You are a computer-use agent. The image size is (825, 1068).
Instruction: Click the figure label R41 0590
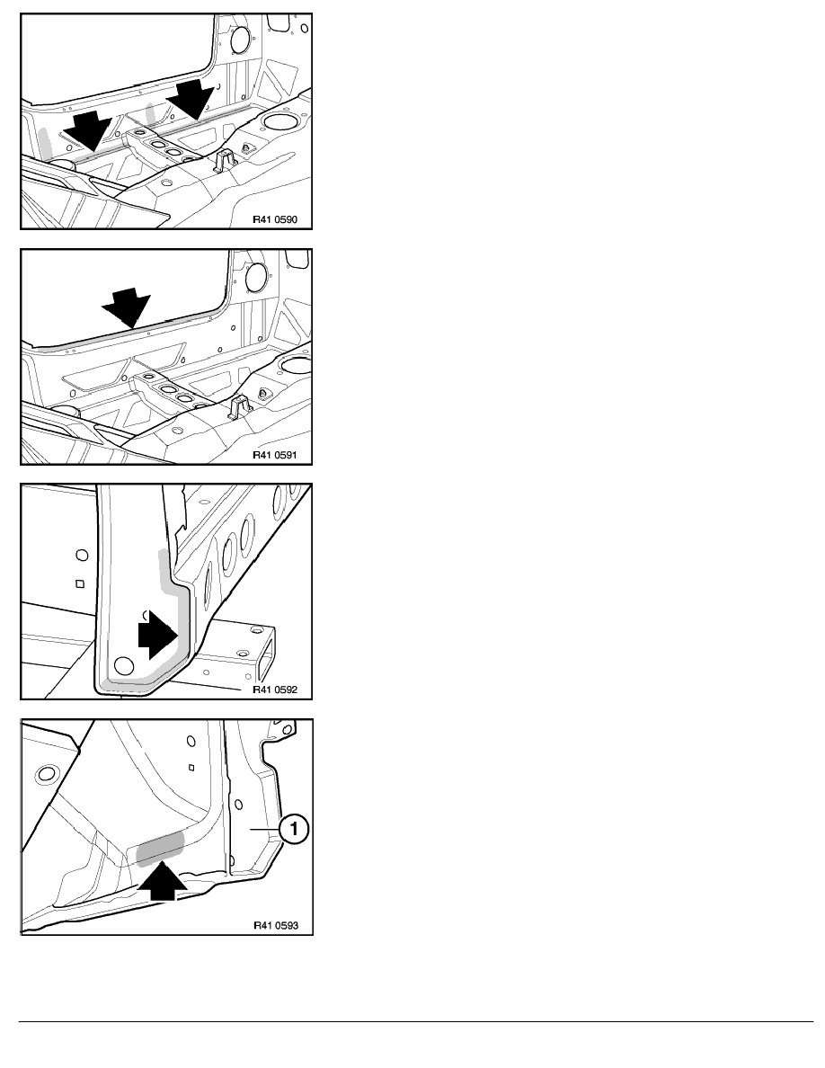tap(275, 220)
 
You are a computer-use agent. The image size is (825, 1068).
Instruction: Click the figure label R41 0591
tap(275, 455)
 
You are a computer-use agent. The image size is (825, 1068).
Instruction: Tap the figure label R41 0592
tap(275, 690)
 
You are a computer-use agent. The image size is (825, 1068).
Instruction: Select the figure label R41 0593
tap(276, 926)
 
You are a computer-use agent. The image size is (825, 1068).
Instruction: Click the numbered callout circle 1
tap(293, 830)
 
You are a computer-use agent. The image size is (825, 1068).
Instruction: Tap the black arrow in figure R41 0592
tap(158, 634)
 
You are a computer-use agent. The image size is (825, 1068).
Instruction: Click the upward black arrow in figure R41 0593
tap(162, 880)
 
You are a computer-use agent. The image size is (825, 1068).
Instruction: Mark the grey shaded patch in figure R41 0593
tap(160, 849)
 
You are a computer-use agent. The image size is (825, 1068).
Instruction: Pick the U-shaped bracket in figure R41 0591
tap(241, 406)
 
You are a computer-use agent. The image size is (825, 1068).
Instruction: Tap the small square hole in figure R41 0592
tap(80, 583)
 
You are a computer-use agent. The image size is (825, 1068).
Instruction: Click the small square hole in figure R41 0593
tap(192, 767)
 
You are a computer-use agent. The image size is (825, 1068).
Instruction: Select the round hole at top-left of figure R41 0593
tap(47, 774)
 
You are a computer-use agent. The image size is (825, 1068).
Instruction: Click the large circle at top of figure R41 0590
tap(241, 40)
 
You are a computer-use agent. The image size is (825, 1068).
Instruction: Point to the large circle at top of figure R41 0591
tap(257, 275)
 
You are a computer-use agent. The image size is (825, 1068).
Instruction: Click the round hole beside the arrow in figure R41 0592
tap(124, 664)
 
